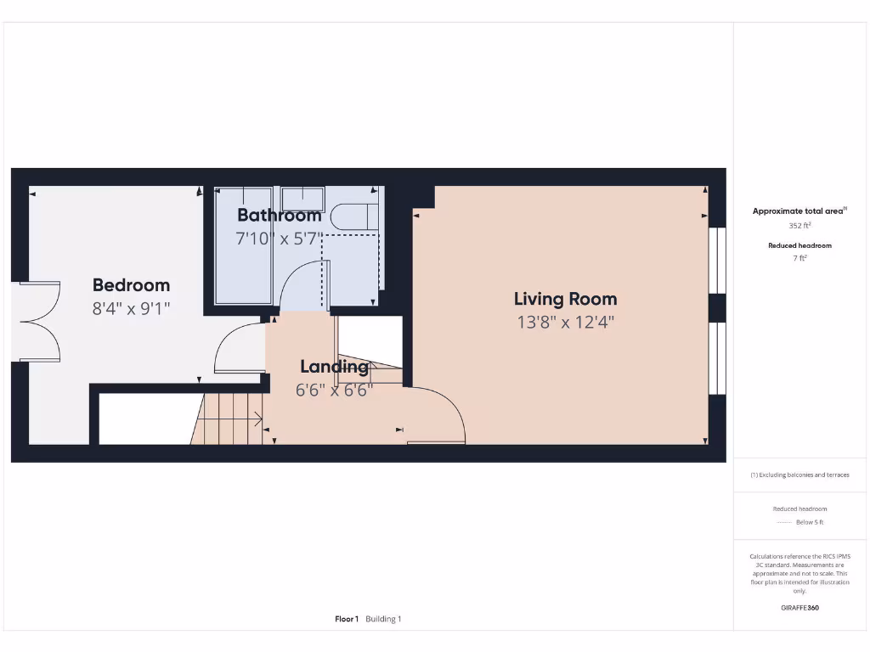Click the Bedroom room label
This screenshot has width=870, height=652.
(x=131, y=285)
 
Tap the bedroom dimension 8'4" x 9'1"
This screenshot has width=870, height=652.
(x=131, y=308)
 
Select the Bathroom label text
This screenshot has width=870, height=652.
(x=279, y=215)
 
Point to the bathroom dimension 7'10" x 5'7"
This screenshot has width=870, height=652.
(x=279, y=239)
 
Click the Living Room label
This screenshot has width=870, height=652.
(x=565, y=299)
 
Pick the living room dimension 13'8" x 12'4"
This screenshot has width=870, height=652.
(x=565, y=322)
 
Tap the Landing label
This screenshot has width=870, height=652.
(x=334, y=367)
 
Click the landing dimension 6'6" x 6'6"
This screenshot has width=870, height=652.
(x=334, y=391)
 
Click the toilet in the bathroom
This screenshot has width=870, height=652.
(x=353, y=216)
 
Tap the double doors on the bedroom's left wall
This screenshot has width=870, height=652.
(x=38, y=323)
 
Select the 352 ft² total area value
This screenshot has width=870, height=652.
(x=799, y=226)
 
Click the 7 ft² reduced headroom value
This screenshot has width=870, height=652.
(x=799, y=258)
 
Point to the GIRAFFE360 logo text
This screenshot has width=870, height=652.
(x=799, y=608)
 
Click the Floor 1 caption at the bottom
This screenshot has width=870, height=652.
(x=347, y=619)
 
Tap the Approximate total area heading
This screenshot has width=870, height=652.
(x=799, y=211)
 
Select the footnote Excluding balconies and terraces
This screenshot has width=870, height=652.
(x=799, y=475)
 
